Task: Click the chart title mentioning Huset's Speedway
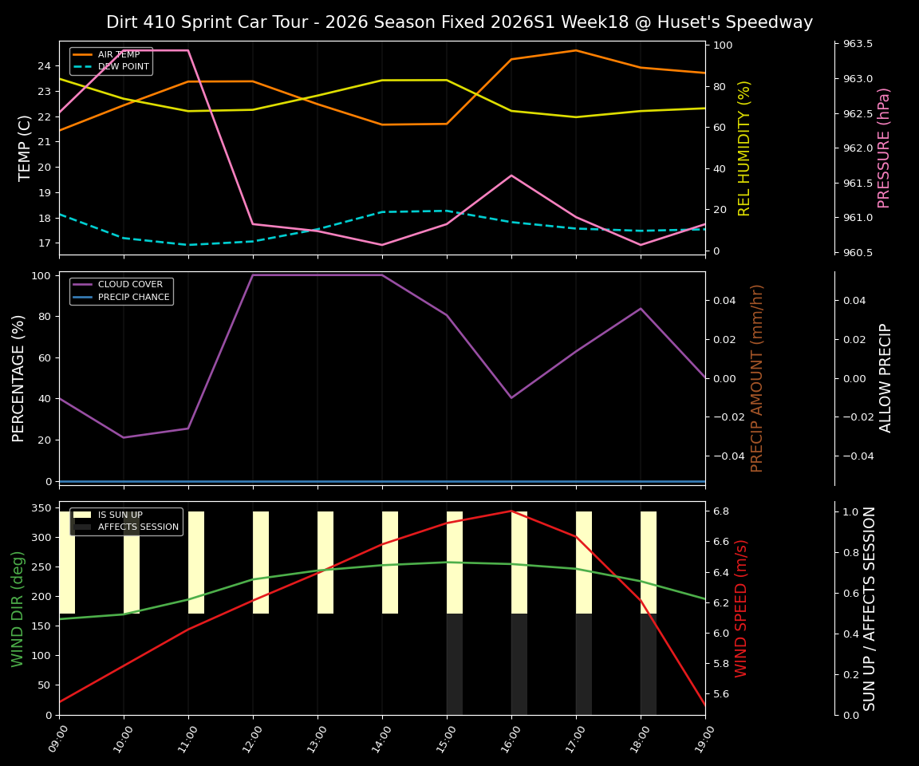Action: (459, 22)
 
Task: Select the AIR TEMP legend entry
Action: (118, 54)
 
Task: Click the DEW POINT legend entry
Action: (123, 67)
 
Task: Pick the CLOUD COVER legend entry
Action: (130, 285)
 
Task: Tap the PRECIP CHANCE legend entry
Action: (133, 298)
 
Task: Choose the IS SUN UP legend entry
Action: (120, 515)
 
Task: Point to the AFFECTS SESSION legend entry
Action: (137, 527)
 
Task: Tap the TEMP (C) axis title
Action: (26, 148)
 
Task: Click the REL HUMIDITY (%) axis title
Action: (744, 148)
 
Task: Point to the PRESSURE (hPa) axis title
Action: (884, 148)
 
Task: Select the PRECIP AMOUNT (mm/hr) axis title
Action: (757, 377)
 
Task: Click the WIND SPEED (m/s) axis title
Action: (742, 608)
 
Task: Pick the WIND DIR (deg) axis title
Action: (18, 608)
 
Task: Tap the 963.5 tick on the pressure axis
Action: (854, 44)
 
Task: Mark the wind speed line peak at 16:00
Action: (511, 511)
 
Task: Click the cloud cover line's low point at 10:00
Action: (124, 437)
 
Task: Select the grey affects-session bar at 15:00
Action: (455, 664)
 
